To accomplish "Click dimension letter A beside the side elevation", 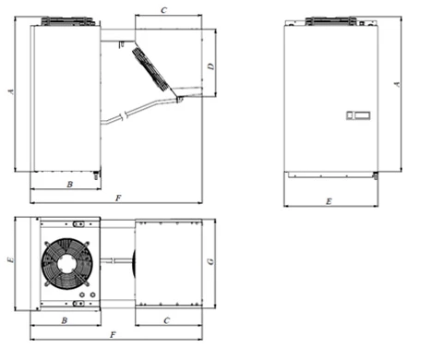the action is click(x=11, y=91).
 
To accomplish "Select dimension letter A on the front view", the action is click(x=397, y=84).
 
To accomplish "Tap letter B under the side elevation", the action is click(x=69, y=185).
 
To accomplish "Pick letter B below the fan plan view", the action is click(x=65, y=320).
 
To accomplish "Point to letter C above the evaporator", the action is click(x=163, y=10).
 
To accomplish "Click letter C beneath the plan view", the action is click(x=166, y=320).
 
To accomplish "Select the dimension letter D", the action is click(x=211, y=66).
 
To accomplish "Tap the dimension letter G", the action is click(x=210, y=261).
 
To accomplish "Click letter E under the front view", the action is click(x=329, y=201).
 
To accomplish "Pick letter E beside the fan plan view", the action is click(x=10, y=260).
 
